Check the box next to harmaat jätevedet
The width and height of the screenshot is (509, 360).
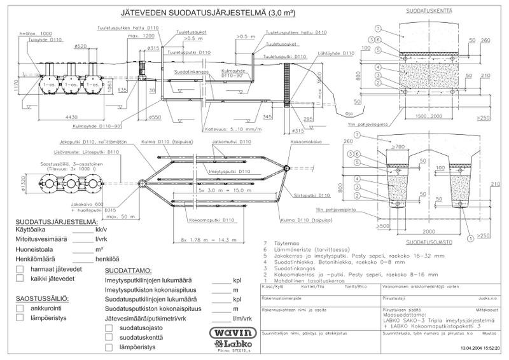[20, 270]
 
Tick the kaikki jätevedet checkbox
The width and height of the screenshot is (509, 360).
[20, 280]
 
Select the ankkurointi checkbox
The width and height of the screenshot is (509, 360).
[20, 309]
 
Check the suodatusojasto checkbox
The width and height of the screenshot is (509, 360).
[109, 328]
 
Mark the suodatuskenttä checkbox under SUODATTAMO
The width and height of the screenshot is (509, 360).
[109, 337]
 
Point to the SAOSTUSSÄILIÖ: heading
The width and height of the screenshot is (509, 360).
[43, 298]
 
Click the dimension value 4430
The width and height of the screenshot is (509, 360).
[71, 116]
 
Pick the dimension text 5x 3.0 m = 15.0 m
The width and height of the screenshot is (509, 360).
[220, 190]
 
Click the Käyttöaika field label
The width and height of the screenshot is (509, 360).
[32, 228]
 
